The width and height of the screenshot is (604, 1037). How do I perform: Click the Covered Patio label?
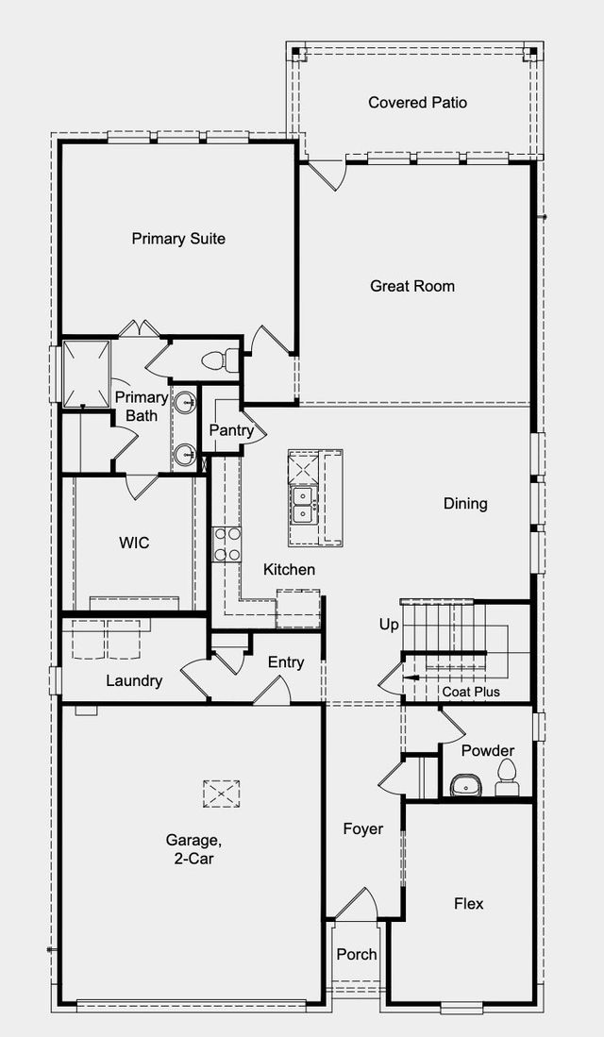(x=417, y=103)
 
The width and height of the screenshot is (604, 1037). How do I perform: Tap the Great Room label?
(x=412, y=286)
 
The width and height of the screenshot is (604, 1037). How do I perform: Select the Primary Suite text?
(x=178, y=239)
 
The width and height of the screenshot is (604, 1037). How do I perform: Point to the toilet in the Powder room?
(x=507, y=778)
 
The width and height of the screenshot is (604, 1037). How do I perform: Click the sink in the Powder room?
(x=464, y=785)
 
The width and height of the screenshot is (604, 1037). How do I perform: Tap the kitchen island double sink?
(x=303, y=505)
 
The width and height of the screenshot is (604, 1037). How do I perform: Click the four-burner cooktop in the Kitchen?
(x=226, y=544)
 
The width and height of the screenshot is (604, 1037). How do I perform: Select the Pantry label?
(x=231, y=430)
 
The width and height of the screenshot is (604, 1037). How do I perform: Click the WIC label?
(x=134, y=543)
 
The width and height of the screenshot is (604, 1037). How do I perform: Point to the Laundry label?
(x=134, y=680)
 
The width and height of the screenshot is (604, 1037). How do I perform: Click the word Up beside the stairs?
(x=389, y=625)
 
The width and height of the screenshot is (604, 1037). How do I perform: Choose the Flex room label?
(x=469, y=903)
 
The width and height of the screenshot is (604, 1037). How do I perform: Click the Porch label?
(x=358, y=954)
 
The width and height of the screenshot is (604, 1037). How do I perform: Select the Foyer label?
(x=363, y=828)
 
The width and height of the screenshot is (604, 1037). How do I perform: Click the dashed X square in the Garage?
(x=222, y=794)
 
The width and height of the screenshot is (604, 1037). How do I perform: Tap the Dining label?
(x=465, y=504)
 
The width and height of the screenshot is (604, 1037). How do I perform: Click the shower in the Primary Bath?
(x=87, y=374)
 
